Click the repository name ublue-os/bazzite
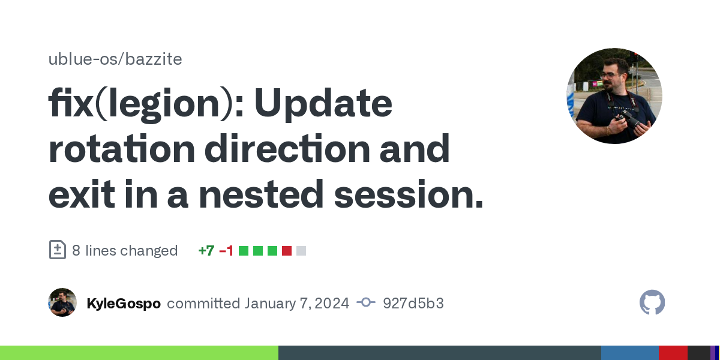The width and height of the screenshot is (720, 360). point(115,59)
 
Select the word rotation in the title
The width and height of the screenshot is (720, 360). point(122,149)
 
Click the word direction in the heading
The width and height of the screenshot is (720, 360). point(287,149)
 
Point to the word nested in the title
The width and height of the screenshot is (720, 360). point(261,194)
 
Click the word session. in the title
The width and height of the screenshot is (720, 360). point(409,194)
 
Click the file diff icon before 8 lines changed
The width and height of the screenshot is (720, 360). point(58,250)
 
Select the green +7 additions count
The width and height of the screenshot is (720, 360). point(206,251)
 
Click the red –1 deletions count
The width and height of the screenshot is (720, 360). point(226,251)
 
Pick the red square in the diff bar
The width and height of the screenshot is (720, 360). point(287,251)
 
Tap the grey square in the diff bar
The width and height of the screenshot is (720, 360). point(301,251)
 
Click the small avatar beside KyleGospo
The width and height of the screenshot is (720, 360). point(62,302)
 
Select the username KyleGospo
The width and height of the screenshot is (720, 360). point(124,304)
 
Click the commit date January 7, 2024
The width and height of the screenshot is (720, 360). point(296,304)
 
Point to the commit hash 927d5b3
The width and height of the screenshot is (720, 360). point(413,304)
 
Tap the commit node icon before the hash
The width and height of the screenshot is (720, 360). point(366,302)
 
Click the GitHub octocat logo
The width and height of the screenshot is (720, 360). point(652,302)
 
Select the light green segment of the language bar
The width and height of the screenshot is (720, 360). point(139,353)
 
